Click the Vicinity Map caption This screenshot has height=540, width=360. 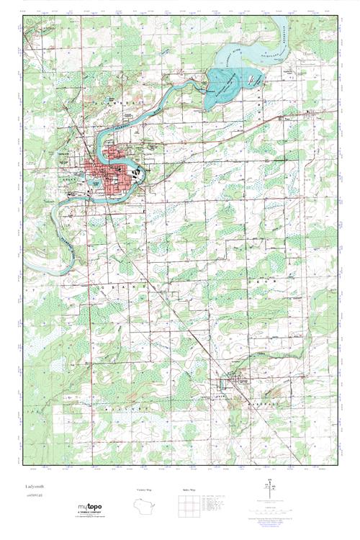145,490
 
